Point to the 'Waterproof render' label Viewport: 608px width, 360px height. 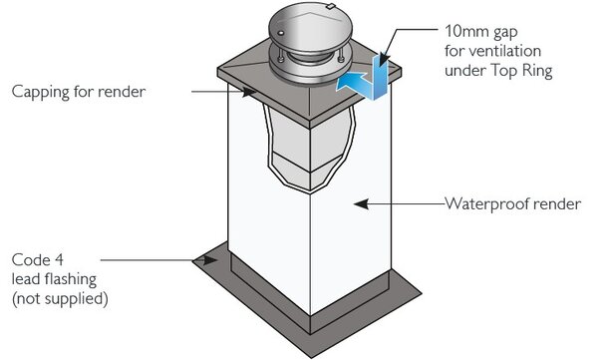511,203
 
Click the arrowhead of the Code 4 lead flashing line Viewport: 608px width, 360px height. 213,259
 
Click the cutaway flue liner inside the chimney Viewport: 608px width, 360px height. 299,150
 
